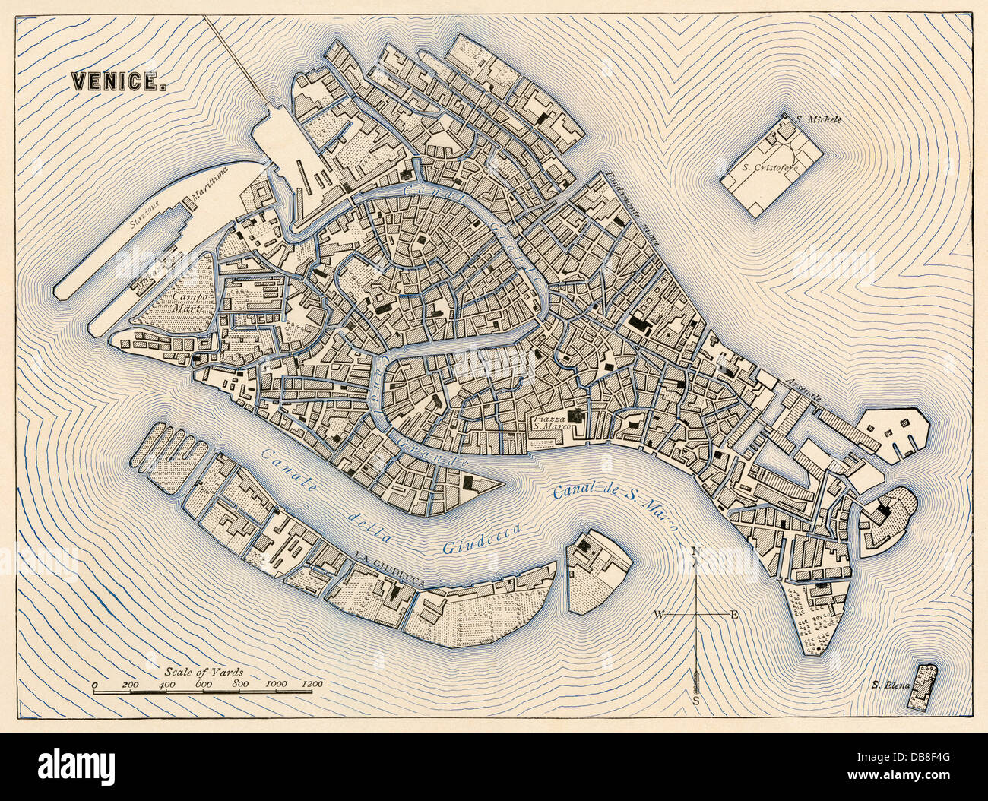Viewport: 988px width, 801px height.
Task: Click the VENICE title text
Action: click(x=119, y=81)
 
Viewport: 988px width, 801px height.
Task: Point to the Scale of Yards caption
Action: click(x=203, y=673)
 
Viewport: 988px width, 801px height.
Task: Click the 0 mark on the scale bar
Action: click(x=95, y=685)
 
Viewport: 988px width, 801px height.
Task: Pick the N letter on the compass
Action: click(x=695, y=552)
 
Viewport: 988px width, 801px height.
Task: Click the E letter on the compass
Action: click(x=733, y=614)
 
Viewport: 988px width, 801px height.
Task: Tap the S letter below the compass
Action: click(x=695, y=701)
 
